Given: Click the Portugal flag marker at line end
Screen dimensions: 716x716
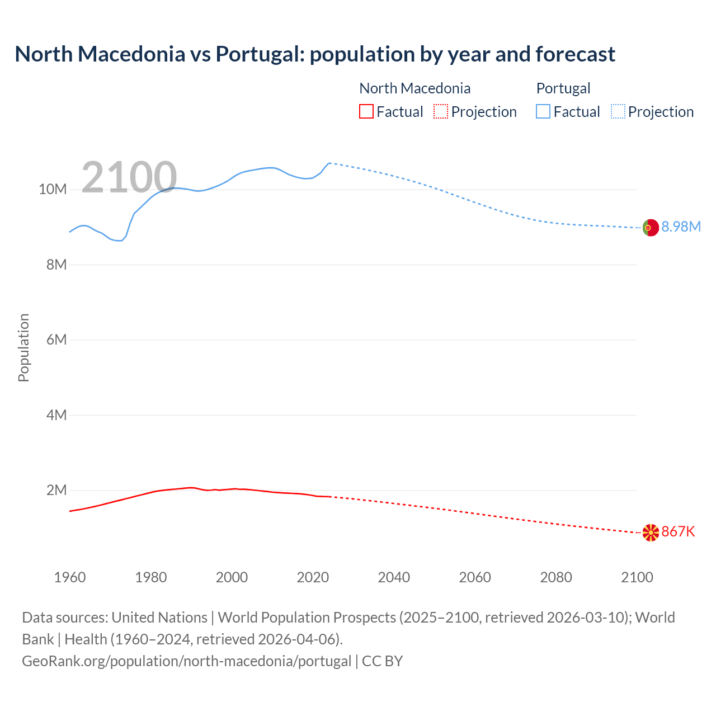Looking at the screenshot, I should [651, 228].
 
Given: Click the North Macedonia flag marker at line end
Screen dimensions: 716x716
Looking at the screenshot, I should [651, 533].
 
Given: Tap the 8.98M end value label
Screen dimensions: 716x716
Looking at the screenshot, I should [681, 227].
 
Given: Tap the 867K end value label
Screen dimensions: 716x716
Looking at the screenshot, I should [678, 531].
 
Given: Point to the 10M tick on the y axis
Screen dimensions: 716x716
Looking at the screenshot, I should [53, 190].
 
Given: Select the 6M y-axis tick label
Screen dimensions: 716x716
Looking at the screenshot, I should [56, 340].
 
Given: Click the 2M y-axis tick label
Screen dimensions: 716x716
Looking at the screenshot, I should [56, 491].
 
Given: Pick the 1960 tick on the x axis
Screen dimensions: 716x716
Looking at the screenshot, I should [70, 577].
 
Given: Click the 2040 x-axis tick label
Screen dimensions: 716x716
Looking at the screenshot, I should [394, 577].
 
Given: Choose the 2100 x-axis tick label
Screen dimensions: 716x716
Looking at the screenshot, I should [637, 577].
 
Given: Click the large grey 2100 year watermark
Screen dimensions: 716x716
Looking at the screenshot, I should [129, 177].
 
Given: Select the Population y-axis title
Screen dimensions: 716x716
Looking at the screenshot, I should [23, 347].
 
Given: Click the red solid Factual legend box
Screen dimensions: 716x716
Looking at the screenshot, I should [366, 111].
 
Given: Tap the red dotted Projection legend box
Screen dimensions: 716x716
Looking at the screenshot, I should [441, 111].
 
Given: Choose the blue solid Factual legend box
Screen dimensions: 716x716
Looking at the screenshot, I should [543, 111].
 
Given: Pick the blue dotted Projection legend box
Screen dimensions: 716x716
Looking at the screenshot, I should [618, 111].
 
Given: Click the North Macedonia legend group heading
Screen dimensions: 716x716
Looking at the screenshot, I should [414, 88].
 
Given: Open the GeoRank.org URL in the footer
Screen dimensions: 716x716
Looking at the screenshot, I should [186, 661].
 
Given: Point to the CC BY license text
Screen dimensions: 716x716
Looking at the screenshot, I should [383, 661].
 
